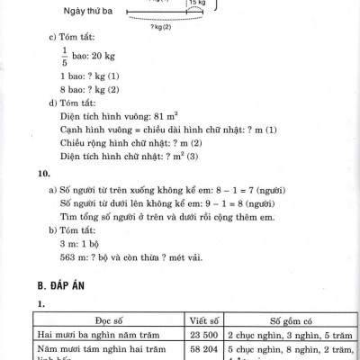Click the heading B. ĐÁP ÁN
(x=68, y=287)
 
